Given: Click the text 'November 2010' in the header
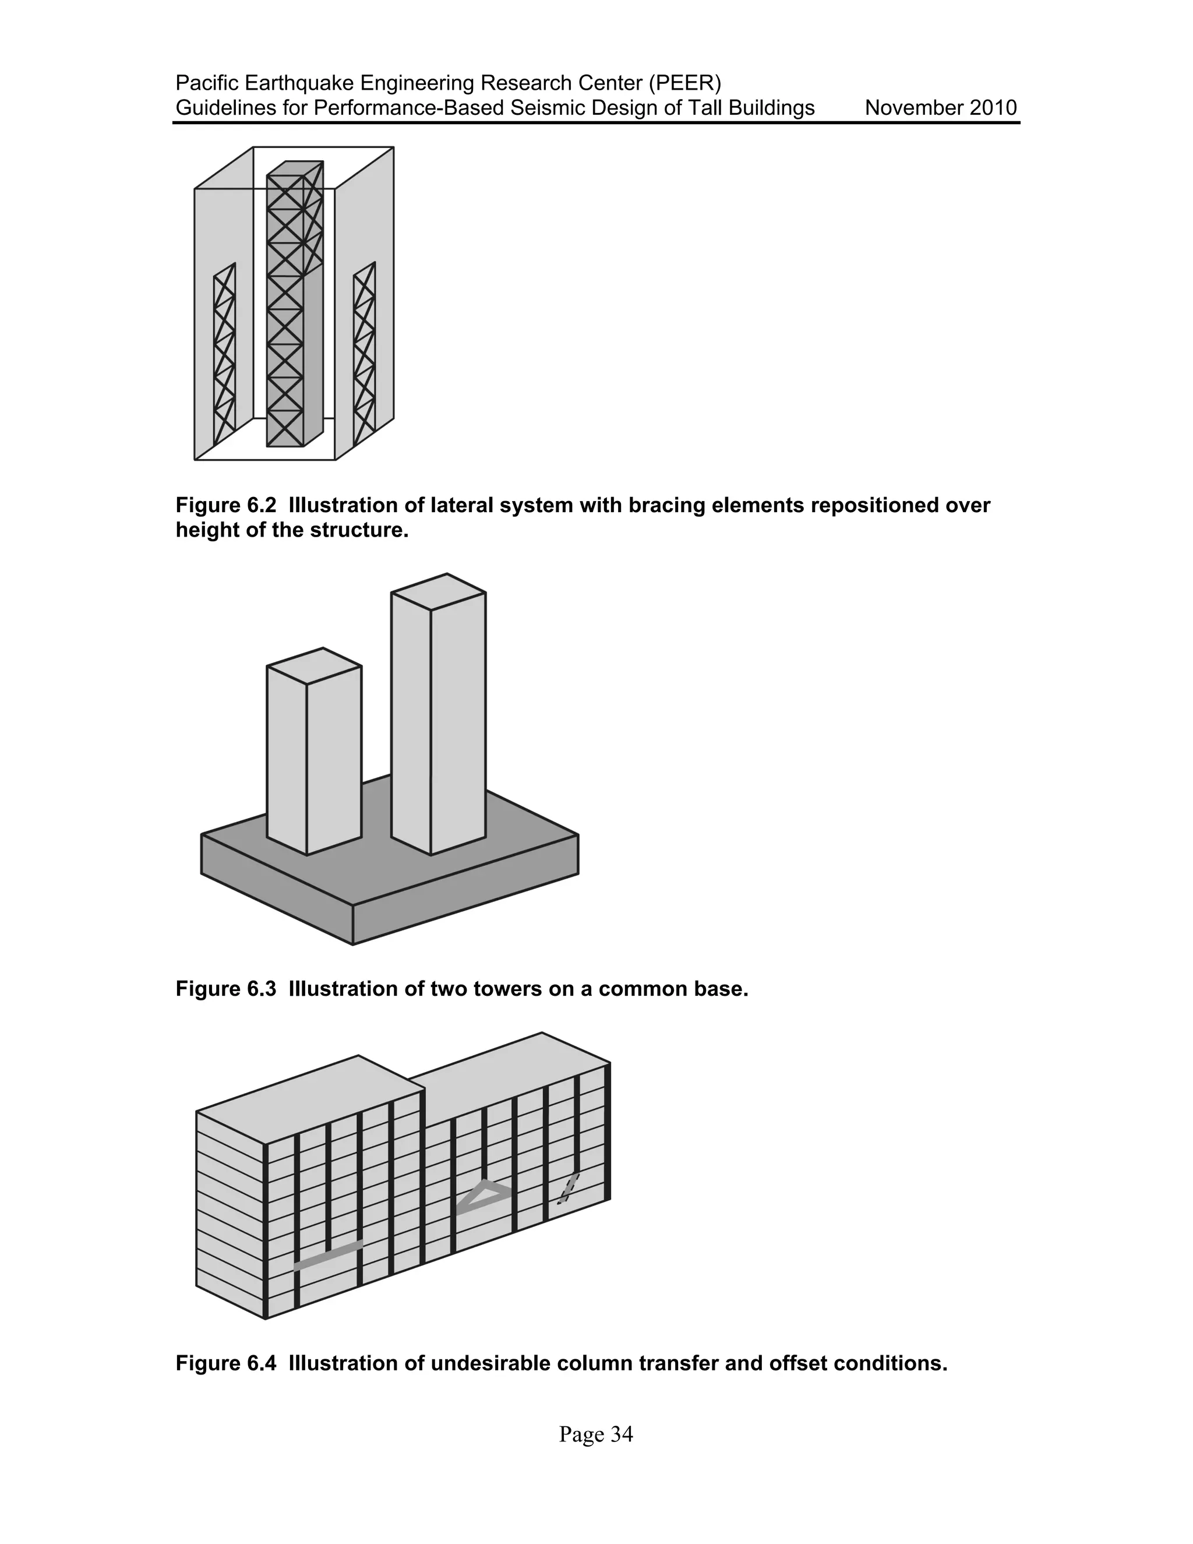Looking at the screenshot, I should click(x=940, y=108).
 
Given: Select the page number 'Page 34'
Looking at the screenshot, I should click(x=596, y=1434).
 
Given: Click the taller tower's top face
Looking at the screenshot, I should click(x=439, y=592).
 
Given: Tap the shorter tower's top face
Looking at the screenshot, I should click(x=315, y=665).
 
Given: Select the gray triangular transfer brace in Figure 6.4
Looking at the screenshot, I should click(x=484, y=1197).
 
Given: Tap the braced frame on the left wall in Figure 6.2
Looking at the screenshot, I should click(x=225, y=354).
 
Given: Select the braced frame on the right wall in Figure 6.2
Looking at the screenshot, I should click(x=365, y=354).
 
